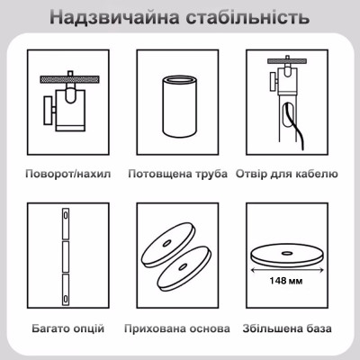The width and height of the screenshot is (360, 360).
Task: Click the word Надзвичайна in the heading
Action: pyautogui.click(x=115, y=17)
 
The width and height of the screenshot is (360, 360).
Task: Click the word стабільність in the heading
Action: pyautogui.click(x=247, y=17)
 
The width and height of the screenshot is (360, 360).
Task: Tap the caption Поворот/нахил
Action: pyautogui.click(x=68, y=174)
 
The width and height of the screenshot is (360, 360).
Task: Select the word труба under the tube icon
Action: pyautogui.click(x=211, y=174)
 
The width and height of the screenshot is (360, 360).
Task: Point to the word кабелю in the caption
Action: pyautogui.click(x=318, y=174)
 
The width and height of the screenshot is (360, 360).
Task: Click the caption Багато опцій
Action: pyautogui.click(x=68, y=328)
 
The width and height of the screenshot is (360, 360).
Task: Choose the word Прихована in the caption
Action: pyautogui.click(x=152, y=328)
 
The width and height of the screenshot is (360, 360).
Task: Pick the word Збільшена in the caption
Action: pyautogui.click(x=271, y=328)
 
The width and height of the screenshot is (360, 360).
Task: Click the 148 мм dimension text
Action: pyautogui.click(x=286, y=281)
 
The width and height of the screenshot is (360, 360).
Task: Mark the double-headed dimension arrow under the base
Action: pyautogui.click(x=287, y=271)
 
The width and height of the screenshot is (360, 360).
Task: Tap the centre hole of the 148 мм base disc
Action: pyautogui.click(x=286, y=254)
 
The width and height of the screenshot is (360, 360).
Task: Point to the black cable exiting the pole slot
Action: pyautogui.click(x=295, y=126)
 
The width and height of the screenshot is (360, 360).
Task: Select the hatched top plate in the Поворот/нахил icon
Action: pyautogui.click(x=69, y=79)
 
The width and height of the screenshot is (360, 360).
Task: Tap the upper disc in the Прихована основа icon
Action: pyautogui.click(x=168, y=244)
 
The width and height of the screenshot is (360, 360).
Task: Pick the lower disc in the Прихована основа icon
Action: pyautogui.click(x=184, y=269)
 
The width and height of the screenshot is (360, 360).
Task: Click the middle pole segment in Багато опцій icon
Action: pyautogui.click(x=66, y=256)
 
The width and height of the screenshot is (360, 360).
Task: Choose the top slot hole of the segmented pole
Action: pyautogui.click(x=66, y=216)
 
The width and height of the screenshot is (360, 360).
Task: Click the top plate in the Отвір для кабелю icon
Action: pyautogui.click(x=287, y=61)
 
